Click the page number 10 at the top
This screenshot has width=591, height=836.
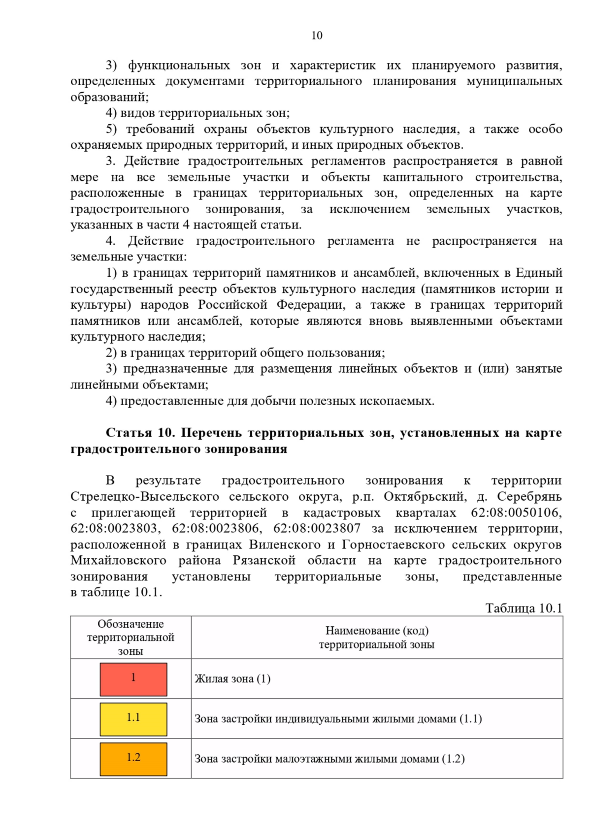tap(317, 35)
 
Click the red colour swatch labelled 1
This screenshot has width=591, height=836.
tap(133, 679)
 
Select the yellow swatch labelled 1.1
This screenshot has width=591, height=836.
tap(133, 719)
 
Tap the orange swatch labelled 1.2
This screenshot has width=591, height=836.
tap(133, 759)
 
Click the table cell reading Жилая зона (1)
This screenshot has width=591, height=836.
tap(232, 679)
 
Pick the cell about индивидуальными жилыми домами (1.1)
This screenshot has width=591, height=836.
tap(338, 719)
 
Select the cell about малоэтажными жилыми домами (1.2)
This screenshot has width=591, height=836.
tap(329, 759)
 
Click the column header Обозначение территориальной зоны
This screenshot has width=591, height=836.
tap(131, 638)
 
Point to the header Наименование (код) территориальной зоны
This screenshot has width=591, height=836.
tap(377, 638)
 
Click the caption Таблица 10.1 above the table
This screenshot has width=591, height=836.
tap(524, 609)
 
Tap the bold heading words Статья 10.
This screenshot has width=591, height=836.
tap(140, 433)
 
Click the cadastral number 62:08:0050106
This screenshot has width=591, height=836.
tap(516, 513)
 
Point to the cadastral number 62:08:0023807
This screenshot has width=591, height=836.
tap(317, 529)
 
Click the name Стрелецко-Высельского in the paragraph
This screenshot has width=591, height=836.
tap(145, 497)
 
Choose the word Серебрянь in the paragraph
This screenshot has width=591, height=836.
tap(529, 497)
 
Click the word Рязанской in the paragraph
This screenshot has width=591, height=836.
tap(264, 561)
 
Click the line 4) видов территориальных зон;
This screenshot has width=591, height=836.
tap(197, 113)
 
